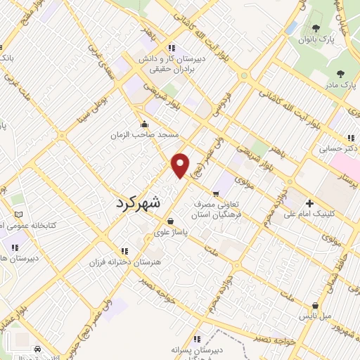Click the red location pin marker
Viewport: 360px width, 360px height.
click(x=181, y=165)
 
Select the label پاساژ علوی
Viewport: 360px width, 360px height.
click(x=172, y=232)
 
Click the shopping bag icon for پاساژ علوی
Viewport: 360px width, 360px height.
click(x=171, y=221)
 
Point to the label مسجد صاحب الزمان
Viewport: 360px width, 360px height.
click(x=149, y=134)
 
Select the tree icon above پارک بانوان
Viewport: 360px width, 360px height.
click(x=315, y=29)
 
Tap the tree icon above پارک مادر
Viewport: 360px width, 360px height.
click(x=341, y=73)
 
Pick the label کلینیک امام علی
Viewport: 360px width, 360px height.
click(x=310, y=215)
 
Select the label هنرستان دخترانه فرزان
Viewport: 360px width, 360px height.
click(x=121, y=262)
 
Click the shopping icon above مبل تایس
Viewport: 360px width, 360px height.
click(x=315, y=307)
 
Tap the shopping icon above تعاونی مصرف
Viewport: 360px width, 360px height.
click(x=216, y=193)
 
